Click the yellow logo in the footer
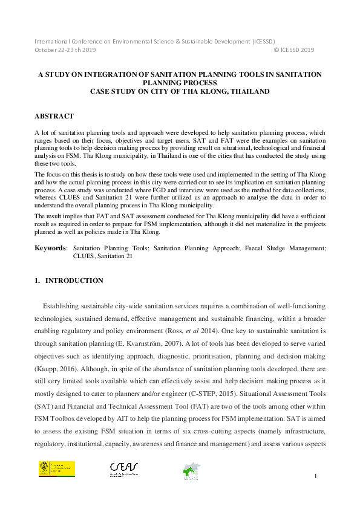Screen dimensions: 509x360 click(57, 469)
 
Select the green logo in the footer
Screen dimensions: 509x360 click(192, 470)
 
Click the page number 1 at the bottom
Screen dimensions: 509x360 click(316, 477)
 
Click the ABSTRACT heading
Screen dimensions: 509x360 click(54, 116)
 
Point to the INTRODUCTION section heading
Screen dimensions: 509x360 click(74, 280)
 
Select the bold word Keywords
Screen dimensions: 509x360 click(50, 248)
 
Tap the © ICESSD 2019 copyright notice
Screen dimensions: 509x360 click(294, 51)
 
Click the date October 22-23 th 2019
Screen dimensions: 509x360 click(65, 51)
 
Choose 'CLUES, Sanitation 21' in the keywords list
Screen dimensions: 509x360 click(103, 256)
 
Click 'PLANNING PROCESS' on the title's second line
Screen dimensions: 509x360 click(180, 82)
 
